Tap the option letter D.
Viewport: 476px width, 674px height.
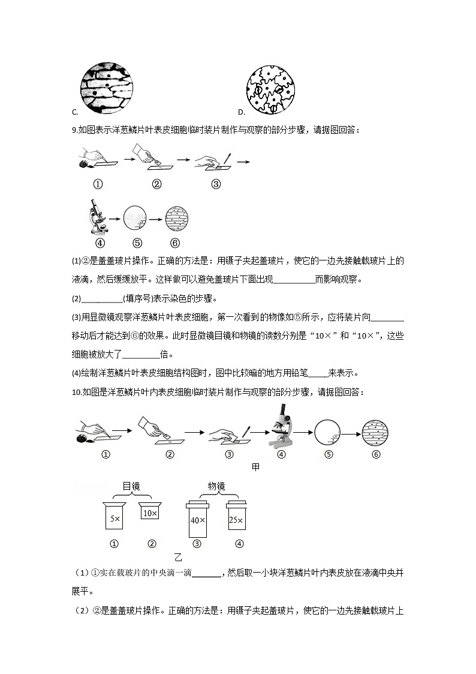click(240, 112)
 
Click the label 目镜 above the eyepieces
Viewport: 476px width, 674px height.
click(131, 486)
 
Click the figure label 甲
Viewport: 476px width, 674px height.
click(256, 467)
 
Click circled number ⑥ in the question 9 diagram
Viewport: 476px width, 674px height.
click(175, 242)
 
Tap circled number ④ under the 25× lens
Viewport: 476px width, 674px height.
click(239, 544)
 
